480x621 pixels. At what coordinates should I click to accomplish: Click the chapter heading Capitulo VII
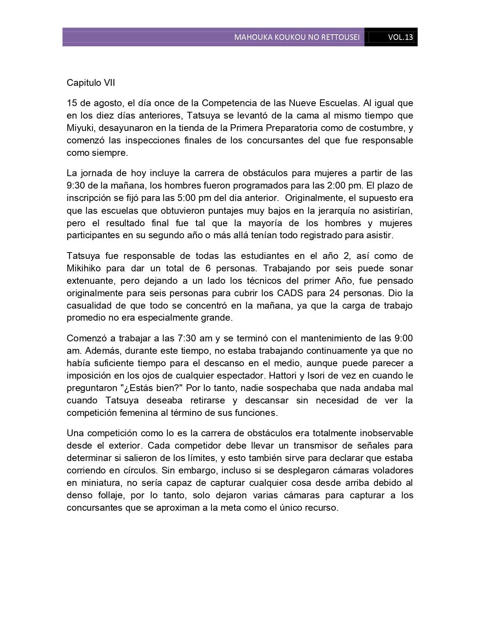click(91, 83)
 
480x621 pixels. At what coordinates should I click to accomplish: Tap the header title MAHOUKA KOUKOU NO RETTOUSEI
click(297, 37)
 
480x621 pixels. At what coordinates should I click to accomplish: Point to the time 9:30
click(75, 186)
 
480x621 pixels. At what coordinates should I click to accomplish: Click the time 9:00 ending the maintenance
click(404, 338)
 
